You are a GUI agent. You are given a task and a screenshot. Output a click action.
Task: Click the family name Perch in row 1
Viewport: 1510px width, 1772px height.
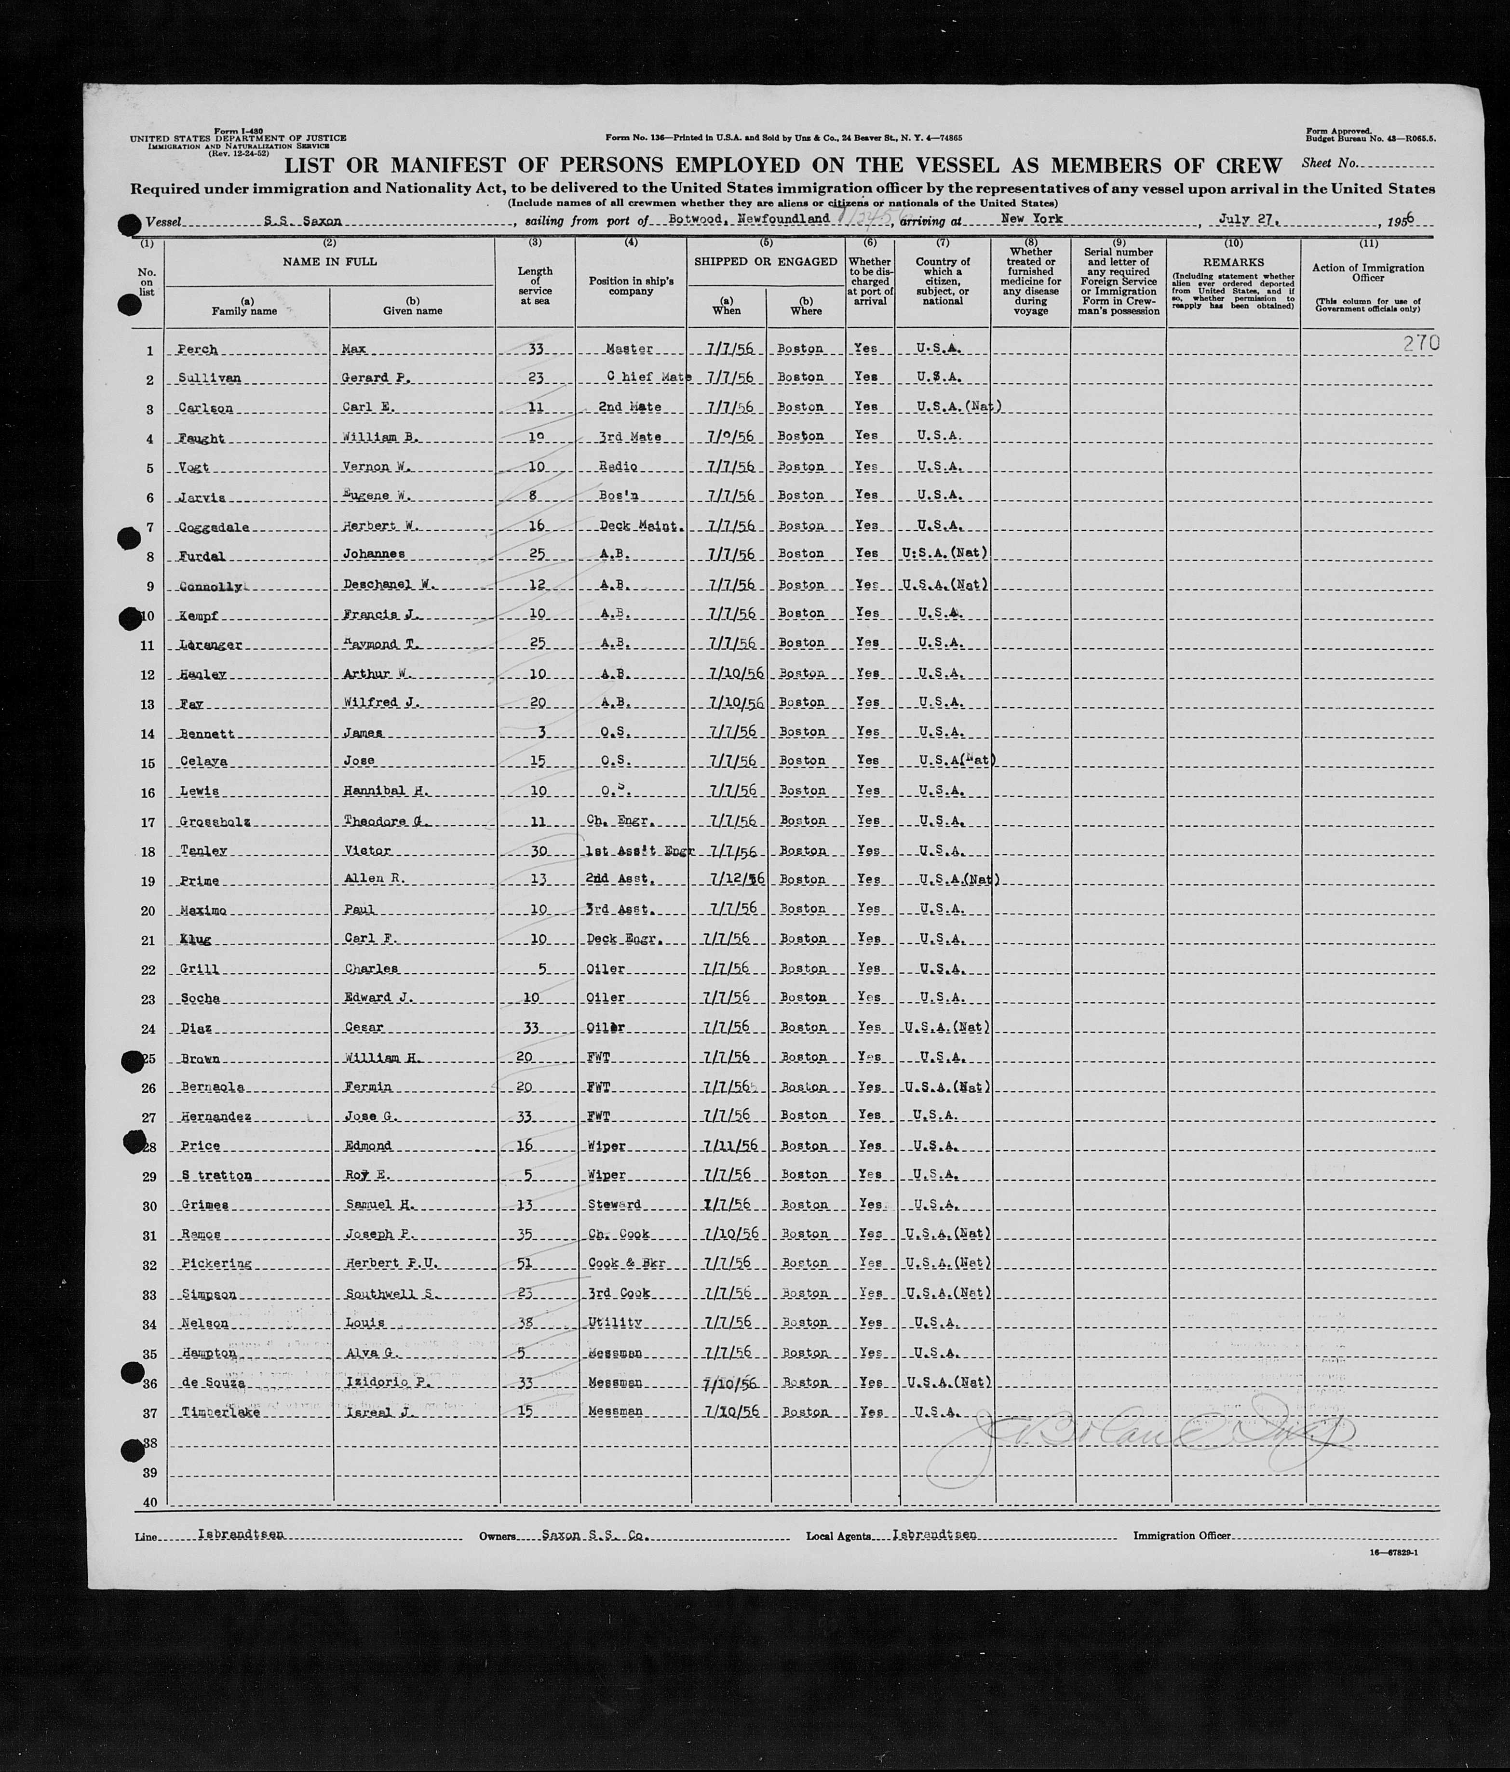(x=197, y=350)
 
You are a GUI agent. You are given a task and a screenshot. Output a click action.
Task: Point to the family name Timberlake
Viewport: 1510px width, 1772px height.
(x=221, y=1412)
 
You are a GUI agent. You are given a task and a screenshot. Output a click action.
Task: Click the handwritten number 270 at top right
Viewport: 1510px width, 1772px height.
(x=1421, y=343)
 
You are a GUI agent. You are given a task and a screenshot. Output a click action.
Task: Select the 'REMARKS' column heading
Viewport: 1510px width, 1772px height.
(x=1233, y=263)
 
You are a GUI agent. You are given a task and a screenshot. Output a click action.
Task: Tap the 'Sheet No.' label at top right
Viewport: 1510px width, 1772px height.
(x=1329, y=162)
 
